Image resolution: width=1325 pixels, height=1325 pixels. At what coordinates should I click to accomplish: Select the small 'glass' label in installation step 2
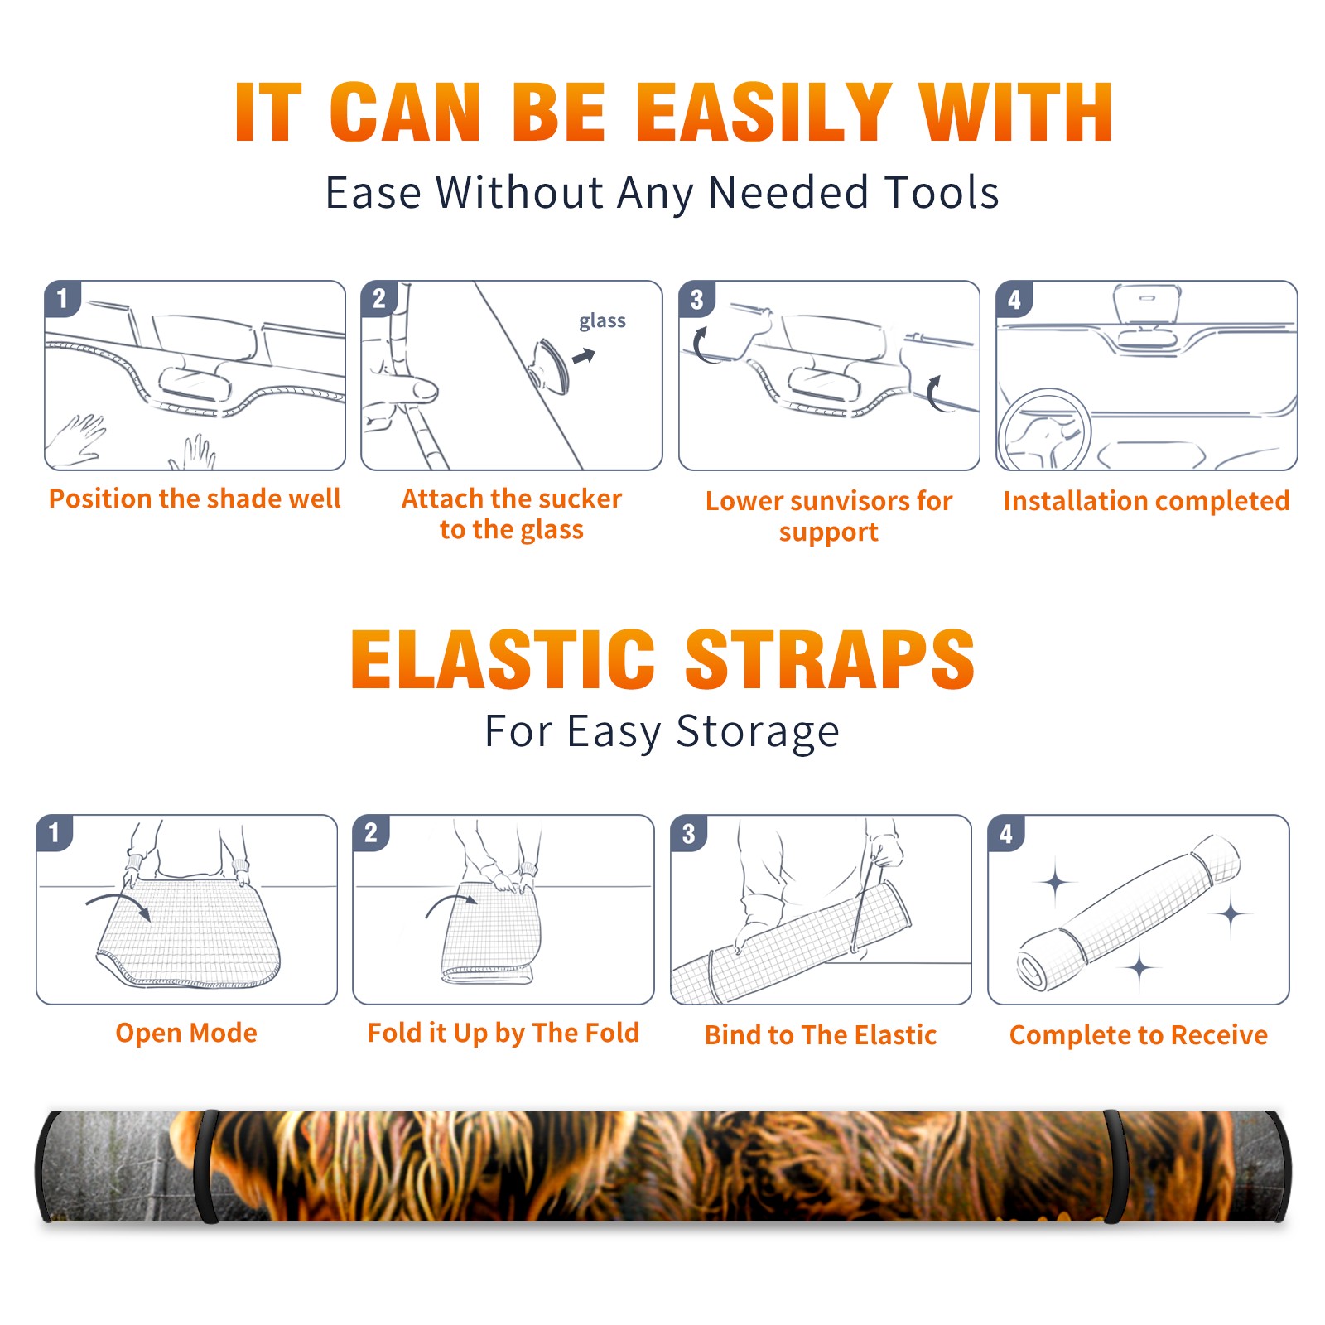[x=602, y=321]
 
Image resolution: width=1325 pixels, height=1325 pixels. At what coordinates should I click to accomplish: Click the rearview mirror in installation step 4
[x=1146, y=305]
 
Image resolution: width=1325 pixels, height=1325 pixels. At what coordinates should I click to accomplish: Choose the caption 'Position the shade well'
[x=195, y=499]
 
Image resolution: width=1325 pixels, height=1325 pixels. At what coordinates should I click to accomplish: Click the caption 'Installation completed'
[x=1146, y=501]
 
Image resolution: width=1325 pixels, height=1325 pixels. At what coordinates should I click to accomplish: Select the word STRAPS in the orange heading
[x=830, y=659]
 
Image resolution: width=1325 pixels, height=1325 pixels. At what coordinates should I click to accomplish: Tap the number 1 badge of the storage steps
[x=55, y=832]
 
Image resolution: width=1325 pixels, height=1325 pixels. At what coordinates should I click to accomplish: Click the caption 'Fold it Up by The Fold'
[x=503, y=1033]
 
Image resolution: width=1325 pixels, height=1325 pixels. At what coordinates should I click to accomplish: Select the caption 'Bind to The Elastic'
[x=821, y=1035]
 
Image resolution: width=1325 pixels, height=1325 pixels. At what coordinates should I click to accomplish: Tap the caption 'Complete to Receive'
[x=1139, y=1035]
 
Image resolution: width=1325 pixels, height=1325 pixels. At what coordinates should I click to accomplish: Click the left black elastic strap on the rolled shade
[x=205, y=1167]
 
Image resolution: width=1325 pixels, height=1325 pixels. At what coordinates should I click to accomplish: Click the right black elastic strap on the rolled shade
[x=1115, y=1167]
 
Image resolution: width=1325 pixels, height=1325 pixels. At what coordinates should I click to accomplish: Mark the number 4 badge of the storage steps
[x=1006, y=832]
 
